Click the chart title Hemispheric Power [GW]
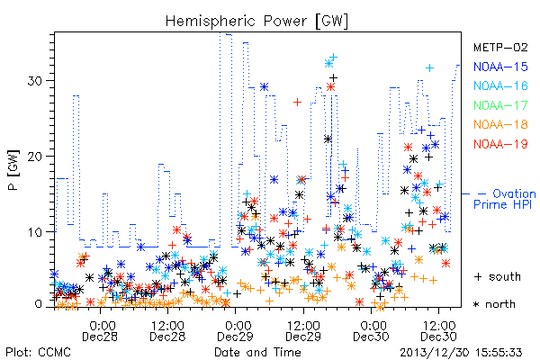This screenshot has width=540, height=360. click(x=256, y=21)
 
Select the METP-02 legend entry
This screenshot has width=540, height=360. click(x=500, y=47)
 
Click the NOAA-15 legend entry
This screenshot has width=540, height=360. click(x=500, y=67)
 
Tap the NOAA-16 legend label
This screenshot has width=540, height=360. click(x=500, y=85)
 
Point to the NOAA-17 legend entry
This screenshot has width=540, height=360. click(x=500, y=105)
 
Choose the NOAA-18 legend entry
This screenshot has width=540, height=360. click(x=500, y=124)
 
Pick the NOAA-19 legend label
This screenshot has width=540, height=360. click(x=500, y=144)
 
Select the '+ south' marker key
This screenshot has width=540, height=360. click(x=497, y=276)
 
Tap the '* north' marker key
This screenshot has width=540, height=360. click(x=494, y=304)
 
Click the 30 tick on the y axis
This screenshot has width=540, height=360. click(x=34, y=81)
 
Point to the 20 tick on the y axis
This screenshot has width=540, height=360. click(x=34, y=157)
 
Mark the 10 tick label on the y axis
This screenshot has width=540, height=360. click(x=34, y=232)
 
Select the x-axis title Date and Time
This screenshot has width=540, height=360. click(x=257, y=352)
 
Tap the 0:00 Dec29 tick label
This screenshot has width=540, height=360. click(x=236, y=330)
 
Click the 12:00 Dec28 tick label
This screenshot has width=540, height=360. click(x=167, y=330)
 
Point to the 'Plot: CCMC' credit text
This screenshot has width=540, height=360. click(x=38, y=352)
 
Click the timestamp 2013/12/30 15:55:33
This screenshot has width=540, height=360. click(x=461, y=353)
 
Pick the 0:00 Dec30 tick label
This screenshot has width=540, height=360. click(x=371, y=330)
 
